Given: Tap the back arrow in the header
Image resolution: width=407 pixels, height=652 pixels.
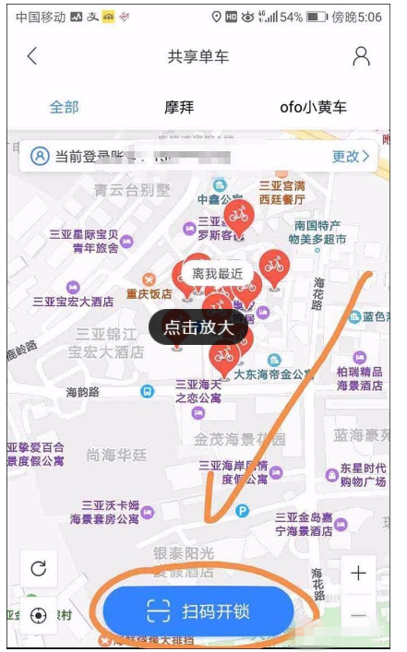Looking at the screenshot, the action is point(32,56).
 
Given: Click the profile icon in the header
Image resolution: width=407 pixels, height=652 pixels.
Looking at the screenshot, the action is point(361,55).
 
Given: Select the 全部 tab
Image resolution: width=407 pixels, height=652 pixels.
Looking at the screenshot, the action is point(64,107).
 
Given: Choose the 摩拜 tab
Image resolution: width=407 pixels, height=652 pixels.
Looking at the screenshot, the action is point(180,107).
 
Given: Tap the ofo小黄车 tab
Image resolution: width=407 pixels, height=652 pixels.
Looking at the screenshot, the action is point(314,107).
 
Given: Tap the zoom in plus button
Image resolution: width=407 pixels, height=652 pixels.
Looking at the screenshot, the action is point(358,574).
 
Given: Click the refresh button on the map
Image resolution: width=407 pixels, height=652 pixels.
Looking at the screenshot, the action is point(38,568).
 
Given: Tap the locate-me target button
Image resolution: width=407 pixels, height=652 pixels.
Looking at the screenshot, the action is point(38,615).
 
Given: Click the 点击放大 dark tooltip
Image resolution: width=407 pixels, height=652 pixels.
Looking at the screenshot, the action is point(199,326).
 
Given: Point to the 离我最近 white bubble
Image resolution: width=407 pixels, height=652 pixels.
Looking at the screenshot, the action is point(217,274).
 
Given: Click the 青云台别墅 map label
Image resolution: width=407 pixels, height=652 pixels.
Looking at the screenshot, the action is point(133,190).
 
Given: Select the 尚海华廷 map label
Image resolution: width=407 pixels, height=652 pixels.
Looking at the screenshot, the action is point(116,455).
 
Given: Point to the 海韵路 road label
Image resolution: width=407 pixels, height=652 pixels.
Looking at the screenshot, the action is point(82,392).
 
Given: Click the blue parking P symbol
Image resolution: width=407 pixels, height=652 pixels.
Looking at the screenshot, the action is point(243,510).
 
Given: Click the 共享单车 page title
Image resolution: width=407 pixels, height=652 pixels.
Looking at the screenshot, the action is point(198,56).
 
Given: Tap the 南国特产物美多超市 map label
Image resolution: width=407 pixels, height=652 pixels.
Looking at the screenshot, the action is point(317,232).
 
